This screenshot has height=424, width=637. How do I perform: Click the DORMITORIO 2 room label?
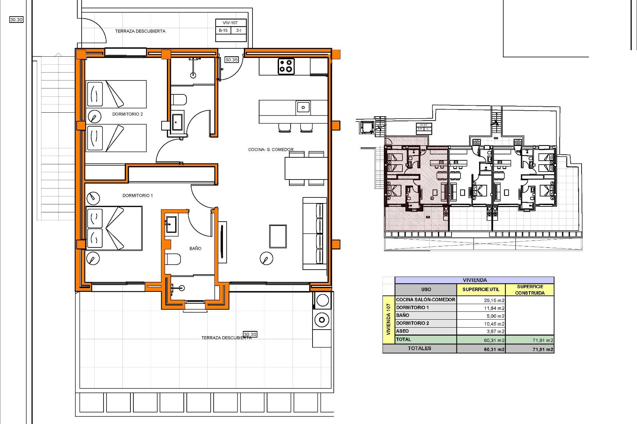coord(127,114)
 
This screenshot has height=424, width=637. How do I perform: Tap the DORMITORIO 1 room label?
coord(137,195)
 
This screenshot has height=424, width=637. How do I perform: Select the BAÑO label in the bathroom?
coord(195,248)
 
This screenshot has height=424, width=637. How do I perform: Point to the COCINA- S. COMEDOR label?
coord(271,149)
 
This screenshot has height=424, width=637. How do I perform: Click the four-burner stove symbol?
coord(286,66)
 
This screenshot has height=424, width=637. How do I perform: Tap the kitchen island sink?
coord(303,107)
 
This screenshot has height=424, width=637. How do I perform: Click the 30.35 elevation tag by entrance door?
coord(231,60)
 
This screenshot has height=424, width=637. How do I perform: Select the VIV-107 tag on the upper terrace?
coord(230,23)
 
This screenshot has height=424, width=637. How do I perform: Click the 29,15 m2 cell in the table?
coord(494,300)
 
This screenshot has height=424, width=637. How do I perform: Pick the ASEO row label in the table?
coord(402,331)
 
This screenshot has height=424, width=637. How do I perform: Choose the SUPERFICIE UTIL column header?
coord(480,289)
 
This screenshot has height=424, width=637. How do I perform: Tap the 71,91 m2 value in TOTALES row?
coord(542,349)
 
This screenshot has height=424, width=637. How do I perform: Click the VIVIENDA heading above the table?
coord(474,280)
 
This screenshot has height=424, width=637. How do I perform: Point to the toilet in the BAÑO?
coord(173,259)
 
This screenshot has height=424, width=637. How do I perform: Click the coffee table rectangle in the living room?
coord(278,236)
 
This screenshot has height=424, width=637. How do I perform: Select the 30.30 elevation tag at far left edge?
coord(16,20)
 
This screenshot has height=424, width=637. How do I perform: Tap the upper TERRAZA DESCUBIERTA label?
coord(140,31)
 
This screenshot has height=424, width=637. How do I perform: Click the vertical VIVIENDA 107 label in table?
coord(388,319)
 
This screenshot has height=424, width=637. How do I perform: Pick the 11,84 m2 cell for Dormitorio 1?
coord(494,308)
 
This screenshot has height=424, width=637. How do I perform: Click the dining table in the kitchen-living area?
coord(306,168)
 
